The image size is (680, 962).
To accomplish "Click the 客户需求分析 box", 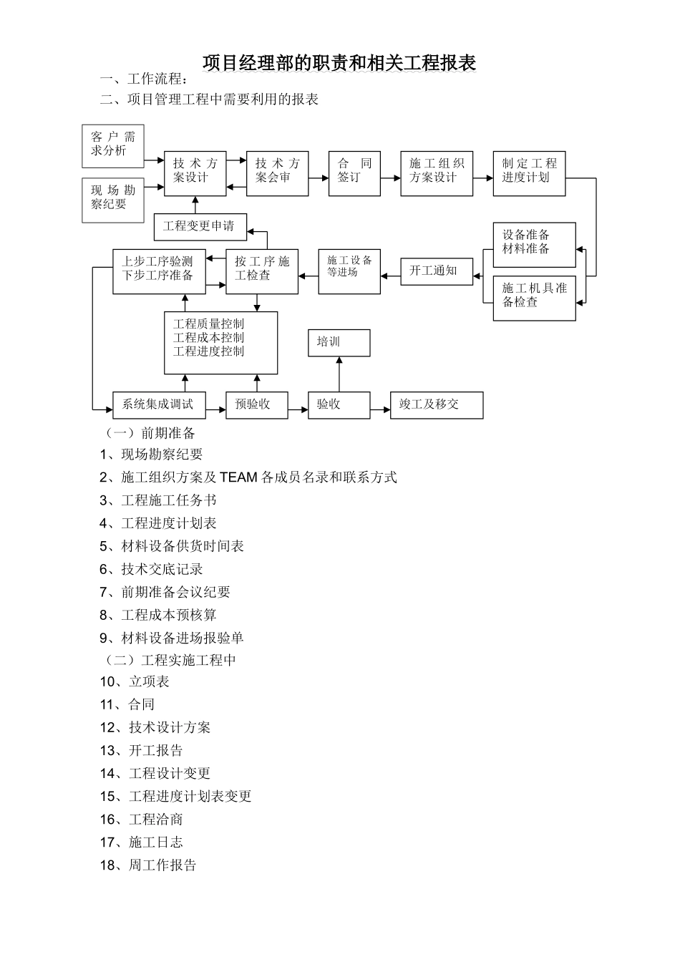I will pos(113,145).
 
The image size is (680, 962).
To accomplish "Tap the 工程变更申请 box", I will pos(200,227).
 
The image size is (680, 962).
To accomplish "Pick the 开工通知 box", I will pos(437,271).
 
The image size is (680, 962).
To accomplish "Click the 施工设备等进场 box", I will pos(349,271).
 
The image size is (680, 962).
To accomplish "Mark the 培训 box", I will pos(339,343).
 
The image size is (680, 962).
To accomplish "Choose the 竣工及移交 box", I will pos(436,405).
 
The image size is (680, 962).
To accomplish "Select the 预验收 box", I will pos(256,405).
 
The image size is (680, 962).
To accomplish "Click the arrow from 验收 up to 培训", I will pos(339,374).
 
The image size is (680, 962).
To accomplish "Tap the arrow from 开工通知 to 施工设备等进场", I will pos(390,275).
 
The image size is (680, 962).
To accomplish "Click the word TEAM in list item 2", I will pos(238,477).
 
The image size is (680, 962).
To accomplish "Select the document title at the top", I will pos(339,63).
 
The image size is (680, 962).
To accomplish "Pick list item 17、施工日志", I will pos(142,842).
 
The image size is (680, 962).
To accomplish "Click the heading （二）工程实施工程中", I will pos(170,660).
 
